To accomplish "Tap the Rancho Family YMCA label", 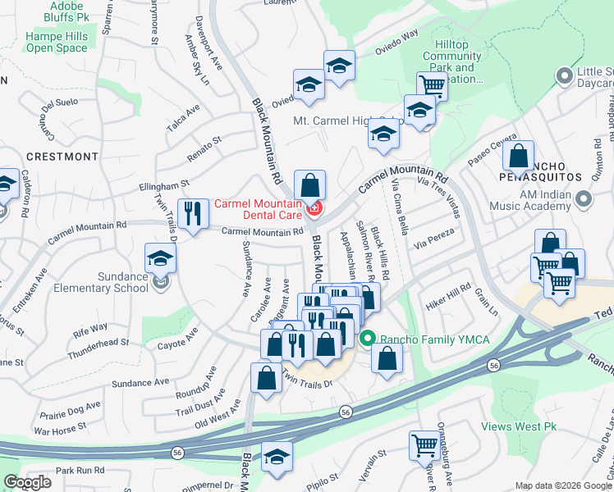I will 421,338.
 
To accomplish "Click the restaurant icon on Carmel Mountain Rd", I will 192,215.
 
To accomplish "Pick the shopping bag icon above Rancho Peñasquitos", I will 519,156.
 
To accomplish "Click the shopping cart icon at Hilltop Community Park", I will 431,84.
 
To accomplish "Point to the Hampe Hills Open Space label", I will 57,42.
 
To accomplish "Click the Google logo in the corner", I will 28,482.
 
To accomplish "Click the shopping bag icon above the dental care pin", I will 309,184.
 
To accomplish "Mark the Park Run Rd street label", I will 80,471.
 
